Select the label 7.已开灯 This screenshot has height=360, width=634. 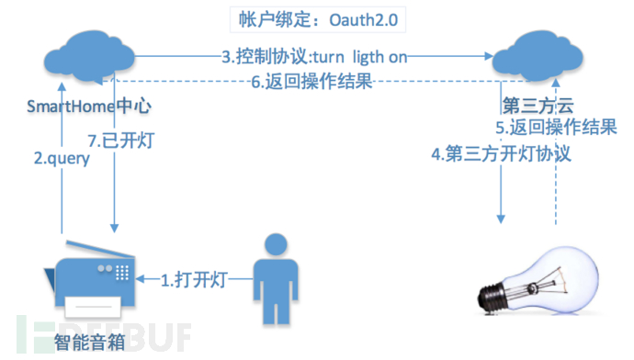152,143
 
